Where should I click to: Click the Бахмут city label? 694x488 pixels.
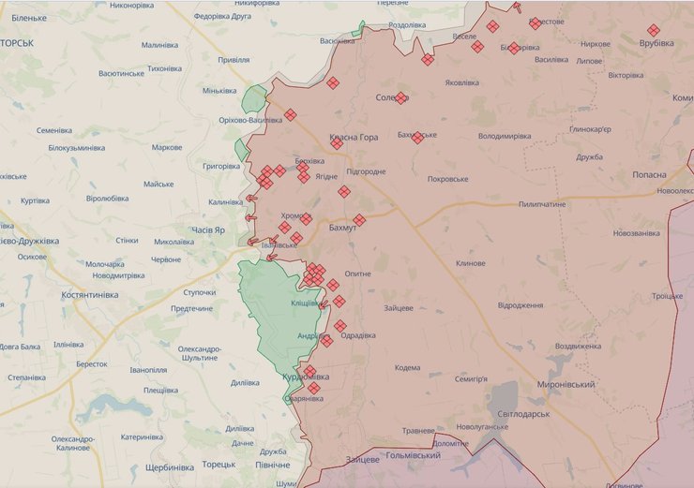343,228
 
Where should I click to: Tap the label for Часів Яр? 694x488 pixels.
205,229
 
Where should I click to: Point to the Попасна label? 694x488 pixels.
648,174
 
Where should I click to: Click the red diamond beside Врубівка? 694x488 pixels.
654,30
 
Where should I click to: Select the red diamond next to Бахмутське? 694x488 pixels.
417,138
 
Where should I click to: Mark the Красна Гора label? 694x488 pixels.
354,138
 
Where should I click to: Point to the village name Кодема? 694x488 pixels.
407,367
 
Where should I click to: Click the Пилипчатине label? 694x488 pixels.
542,203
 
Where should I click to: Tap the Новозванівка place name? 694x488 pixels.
637,232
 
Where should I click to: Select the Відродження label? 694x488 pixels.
520,305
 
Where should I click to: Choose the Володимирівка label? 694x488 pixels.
505,136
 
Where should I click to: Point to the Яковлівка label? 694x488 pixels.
461,82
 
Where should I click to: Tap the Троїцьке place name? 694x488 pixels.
667,296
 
